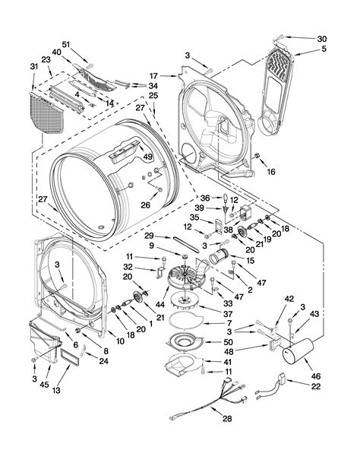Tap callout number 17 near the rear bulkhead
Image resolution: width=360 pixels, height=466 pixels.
coord(153,75)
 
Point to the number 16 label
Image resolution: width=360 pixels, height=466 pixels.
coord(271,173)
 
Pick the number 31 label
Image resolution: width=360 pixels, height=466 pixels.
coord(33,66)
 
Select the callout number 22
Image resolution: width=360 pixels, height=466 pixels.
coord(315,387)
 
